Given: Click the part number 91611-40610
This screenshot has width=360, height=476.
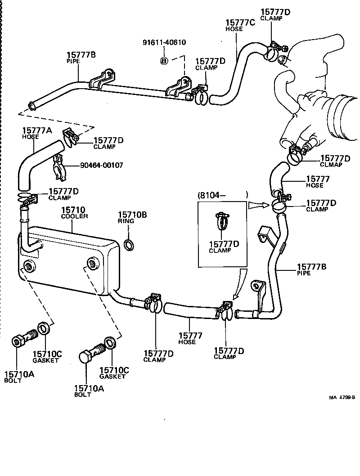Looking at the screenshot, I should [164, 42].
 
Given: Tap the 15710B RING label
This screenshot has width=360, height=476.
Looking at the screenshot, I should [132, 217].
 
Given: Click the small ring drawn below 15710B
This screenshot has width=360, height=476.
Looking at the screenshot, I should [128, 244].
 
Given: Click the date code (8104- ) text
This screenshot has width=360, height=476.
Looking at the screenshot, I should [222, 195].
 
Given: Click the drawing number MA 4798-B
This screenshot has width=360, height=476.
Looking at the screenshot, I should [342, 397].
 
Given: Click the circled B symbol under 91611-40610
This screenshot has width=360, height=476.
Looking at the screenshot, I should [164, 60].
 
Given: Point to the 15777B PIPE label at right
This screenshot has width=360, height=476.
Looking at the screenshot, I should [311, 269].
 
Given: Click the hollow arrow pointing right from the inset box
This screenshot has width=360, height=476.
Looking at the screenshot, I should [256, 206].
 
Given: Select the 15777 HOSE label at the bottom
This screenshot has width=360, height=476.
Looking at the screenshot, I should [190, 338].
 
